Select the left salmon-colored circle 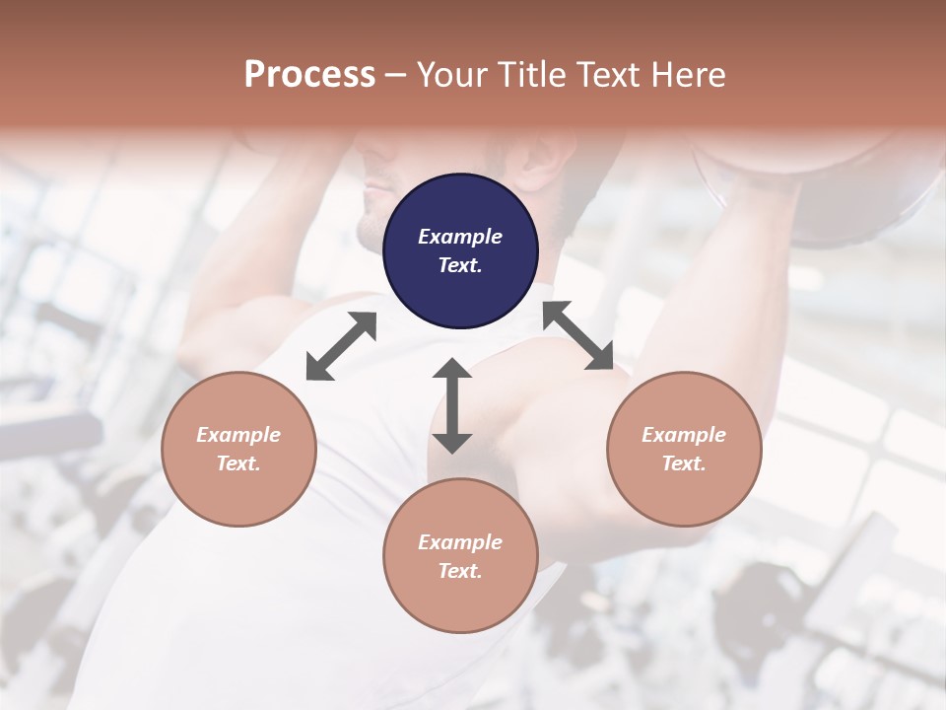pyautogui.click(x=238, y=449)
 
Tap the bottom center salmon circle pyautogui.click(x=460, y=555)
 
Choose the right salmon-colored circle pyautogui.click(x=684, y=449)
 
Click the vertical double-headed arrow pyautogui.click(x=452, y=405)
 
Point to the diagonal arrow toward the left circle pyautogui.click(x=341, y=346)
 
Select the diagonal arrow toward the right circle pyautogui.click(x=578, y=335)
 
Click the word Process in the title pyautogui.click(x=309, y=74)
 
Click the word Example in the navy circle pyautogui.click(x=460, y=237)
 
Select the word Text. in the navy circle pyautogui.click(x=460, y=265)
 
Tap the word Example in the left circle pyautogui.click(x=238, y=435)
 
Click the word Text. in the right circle pyautogui.click(x=684, y=463)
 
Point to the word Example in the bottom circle pyautogui.click(x=460, y=542)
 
